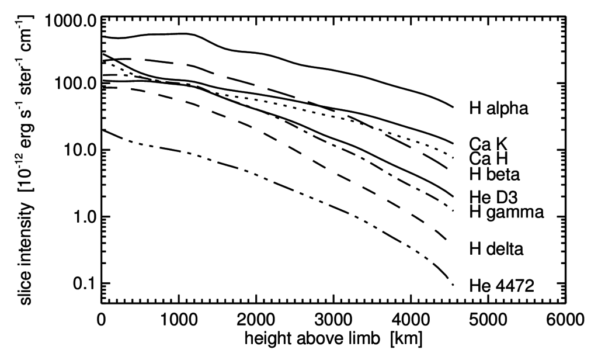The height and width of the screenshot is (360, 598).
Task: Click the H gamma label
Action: [506, 212]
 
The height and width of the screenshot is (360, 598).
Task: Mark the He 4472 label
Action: [500, 286]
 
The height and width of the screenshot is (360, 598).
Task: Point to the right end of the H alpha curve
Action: [453, 107]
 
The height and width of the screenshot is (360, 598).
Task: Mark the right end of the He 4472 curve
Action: [453, 285]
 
